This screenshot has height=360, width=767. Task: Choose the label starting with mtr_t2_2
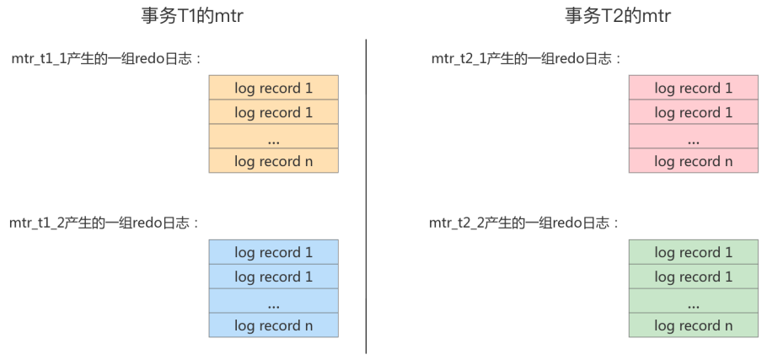click(x=525, y=223)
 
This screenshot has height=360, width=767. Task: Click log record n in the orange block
click(x=273, y=161)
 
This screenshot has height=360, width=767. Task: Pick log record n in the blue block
click(x=273, y=325)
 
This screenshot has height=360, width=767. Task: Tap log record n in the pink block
click(x=693, y=161)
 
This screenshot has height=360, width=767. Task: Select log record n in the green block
click(x=693, y=325)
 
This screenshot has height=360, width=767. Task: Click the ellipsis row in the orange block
click(x=273, y=137)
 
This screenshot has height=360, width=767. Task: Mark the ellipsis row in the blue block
click(x=273, y=301)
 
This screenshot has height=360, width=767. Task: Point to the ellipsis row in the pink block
click(x=693, y=137)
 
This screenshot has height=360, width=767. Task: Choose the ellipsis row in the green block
click(x=693, y=301)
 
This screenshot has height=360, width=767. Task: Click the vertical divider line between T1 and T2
click(x=366, y=194)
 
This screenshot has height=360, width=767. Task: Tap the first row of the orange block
click(x=273, y=88)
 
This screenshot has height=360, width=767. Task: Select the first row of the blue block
click(x=273, y=252)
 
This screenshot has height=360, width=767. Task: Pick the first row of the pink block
click(x=693, y=88)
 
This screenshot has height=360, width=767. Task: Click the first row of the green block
click(x=693, y=252)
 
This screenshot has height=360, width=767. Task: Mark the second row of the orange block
click(x=273, y=112)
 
